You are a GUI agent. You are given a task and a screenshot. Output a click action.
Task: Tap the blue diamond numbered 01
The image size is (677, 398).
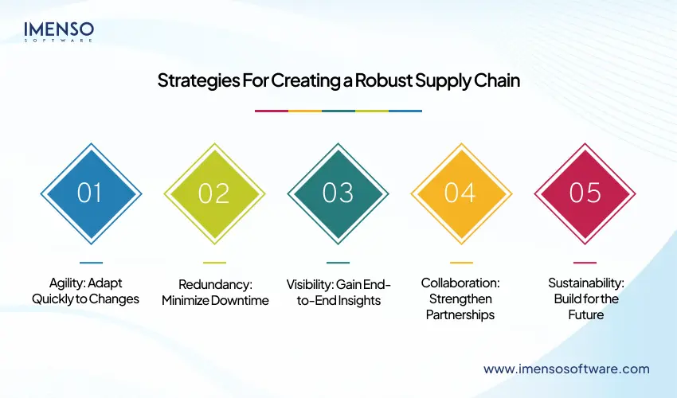(x=91, y=193)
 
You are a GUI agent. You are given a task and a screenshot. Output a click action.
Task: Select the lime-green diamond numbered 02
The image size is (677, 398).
(x=214, y=193)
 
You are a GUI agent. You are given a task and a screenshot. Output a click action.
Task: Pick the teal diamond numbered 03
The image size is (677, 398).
(x=338, y=193)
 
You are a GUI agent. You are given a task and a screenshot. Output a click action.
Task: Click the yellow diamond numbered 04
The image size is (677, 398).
(x=461, y=193)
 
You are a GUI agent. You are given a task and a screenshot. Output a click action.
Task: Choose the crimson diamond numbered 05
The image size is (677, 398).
(x=585, y=193)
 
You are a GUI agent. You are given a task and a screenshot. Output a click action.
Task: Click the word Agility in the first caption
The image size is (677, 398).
(x=63, y=284)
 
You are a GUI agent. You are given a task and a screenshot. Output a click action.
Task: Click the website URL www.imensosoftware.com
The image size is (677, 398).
(x=566, y=369)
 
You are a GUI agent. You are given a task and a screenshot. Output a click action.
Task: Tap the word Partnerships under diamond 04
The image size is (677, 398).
(x=461, y=314)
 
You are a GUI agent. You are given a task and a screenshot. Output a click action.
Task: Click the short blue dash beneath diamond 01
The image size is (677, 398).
(x=91, y=262)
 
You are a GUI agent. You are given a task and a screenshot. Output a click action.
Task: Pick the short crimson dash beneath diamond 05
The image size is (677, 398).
(x=585, y=262)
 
